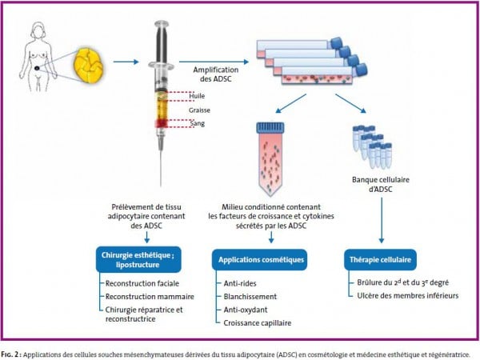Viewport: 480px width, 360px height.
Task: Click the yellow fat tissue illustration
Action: pyautogui.click(x=89, y=66)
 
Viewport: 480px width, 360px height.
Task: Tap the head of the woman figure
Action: pyautogui.click(x=39, y=30)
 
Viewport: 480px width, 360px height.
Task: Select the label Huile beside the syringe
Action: pyautogui.click(x=197, y=96)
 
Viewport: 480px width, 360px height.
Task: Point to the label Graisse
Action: pyautogui.click(x=199, y=110)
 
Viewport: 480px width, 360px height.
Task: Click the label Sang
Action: pyautogui.click(x=197, y=124)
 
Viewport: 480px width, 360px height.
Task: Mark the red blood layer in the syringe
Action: pyautogui.click(x=161, y=123)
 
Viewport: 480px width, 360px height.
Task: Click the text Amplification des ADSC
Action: pyautogui.click(x=216, y=74)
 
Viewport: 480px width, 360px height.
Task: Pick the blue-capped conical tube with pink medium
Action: pyautogui.click(x=270, y=158)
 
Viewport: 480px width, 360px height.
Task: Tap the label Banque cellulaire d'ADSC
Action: pyautogui.click(x=381, y=184)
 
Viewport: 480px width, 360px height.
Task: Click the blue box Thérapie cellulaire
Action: pyautogui.click(x=380, y=259)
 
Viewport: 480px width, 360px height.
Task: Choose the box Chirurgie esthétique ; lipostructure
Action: pyautogui.click(x=138, y=259)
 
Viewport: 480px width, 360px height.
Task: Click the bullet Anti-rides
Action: pyautogui.click(x=240, y=283)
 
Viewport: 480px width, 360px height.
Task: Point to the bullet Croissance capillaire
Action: pyautogui.click(x=258, y=323)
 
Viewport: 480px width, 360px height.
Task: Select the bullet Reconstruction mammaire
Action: pyautogui.click(x=150, y=297)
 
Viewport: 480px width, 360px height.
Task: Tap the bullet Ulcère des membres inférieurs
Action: pyautogui.click(x=408, y=296)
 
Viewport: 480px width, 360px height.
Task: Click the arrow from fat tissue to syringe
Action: pyautogui.click(x=126, y=62)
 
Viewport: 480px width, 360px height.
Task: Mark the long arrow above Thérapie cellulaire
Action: pyautogui.click(x=382, y=221)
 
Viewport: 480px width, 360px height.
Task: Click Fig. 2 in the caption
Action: pyautogui.click(x=10, y=354)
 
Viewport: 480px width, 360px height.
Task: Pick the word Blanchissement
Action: pyautogui.click(x=250, y=297)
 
